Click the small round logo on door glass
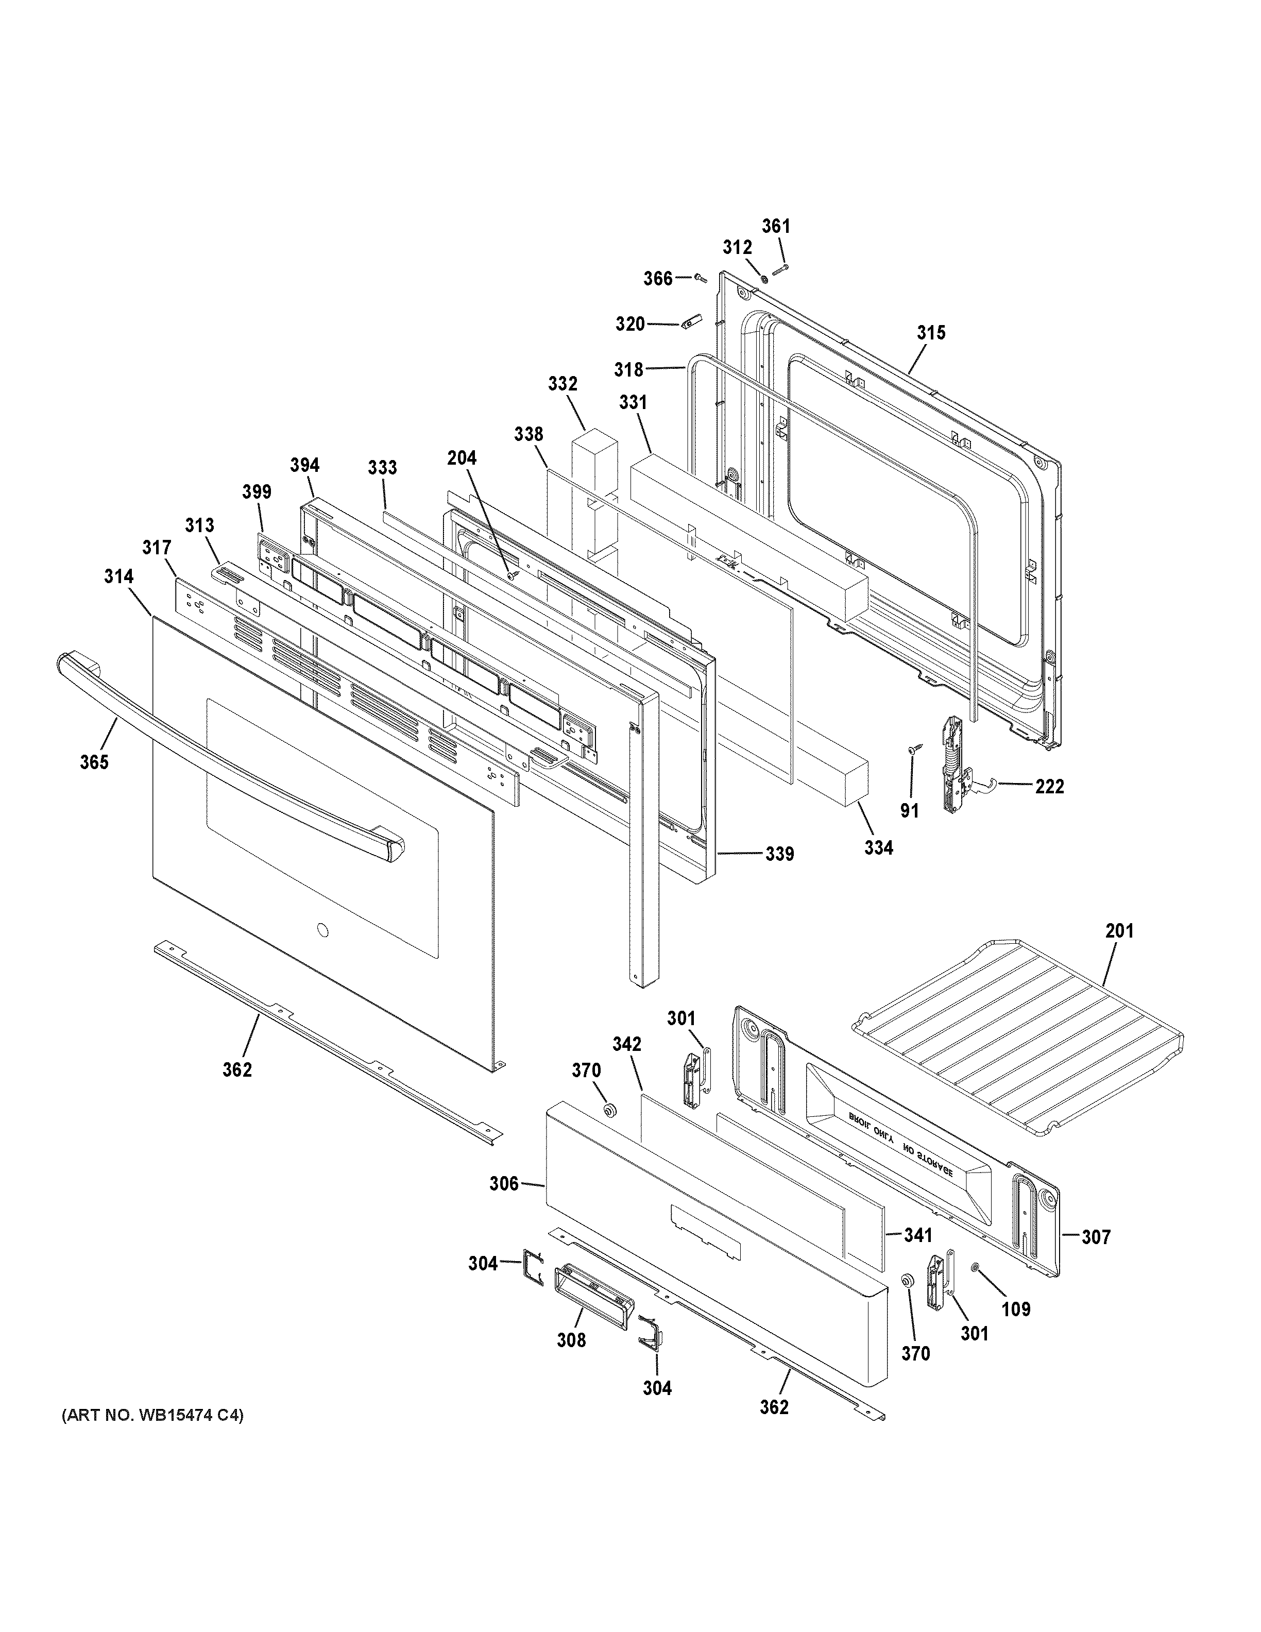322,930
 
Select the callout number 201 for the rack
1119,931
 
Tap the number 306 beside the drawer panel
504,1184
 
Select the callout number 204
462,457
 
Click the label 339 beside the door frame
779,854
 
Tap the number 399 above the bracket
256,491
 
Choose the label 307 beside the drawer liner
1096,1237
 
